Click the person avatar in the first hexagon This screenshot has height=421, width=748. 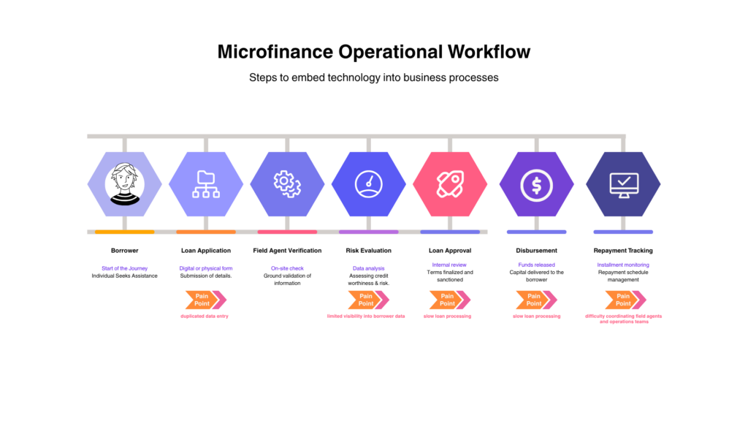(125, 183)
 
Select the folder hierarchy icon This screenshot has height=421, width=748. (206, 183)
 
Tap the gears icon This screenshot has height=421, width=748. (287, 183)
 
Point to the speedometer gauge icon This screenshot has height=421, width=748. (368, 183)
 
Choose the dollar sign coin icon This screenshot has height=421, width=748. (536, 184)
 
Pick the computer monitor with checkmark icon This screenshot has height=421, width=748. (623, 184)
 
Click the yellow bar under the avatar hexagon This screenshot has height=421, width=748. (125, 232)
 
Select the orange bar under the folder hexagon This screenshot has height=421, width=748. (206, 232)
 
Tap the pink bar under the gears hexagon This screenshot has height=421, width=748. (287, 232)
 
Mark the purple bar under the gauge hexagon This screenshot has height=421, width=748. (368, 232)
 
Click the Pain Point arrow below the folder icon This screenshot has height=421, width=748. (205, 300)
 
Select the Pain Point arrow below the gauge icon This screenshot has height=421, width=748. (368, 300)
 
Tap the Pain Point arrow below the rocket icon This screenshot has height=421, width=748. (449, 300)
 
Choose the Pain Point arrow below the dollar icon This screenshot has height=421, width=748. (536, 300)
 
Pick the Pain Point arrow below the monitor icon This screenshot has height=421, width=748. (625, 300)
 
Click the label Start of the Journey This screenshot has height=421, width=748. (125, 268)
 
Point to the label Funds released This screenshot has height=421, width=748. (536, 265)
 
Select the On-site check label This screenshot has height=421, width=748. (287, 268)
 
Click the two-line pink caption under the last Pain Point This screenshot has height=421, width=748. (624, 319)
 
